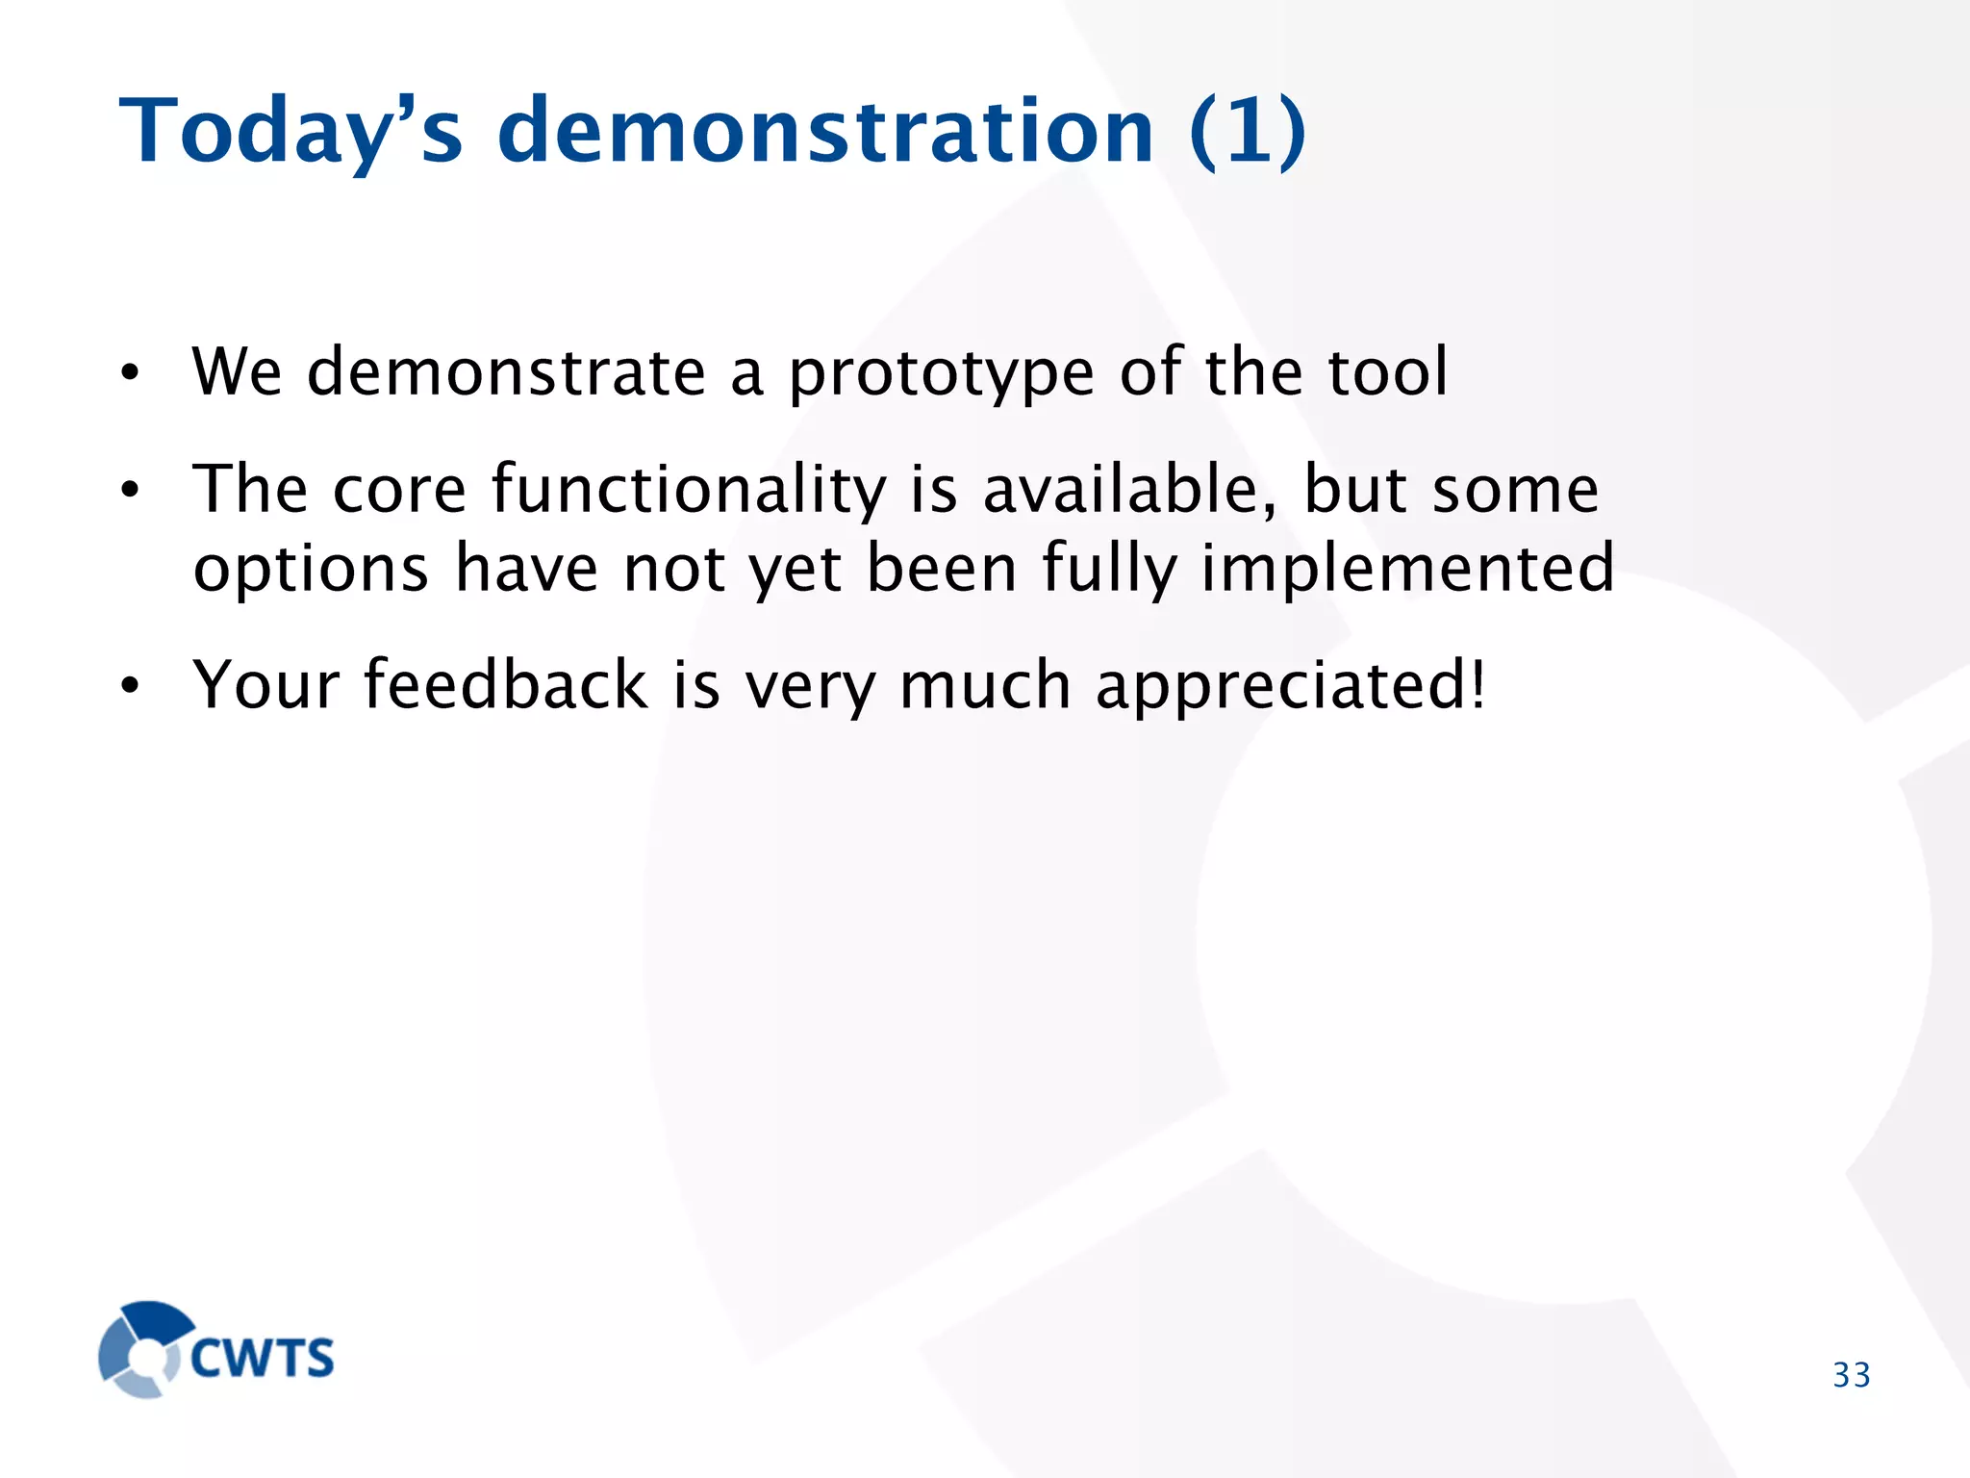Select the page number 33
point(1851,1375)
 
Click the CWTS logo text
point(262,1358)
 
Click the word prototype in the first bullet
point(941,373)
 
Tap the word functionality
point(689,491)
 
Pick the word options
point(310,570)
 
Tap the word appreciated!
point(1291,687)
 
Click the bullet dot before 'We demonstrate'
point(131,373)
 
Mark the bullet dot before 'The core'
point(131,491)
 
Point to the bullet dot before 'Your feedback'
point(131,686)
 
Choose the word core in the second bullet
point(399,491)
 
